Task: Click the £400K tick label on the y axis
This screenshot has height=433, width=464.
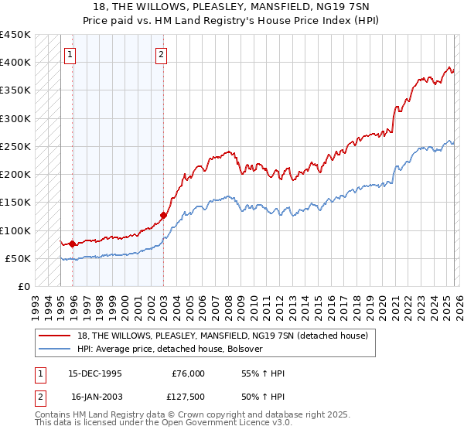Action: coord(15,63)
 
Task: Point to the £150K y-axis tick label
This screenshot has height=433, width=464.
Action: coord(15,203)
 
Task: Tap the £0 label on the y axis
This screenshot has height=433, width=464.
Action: coord(23,287)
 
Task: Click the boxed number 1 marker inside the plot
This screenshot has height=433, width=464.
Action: coord(70,54)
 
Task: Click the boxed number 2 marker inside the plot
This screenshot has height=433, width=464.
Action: coord(161,54)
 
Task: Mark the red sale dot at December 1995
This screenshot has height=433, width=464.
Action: coord(73,244)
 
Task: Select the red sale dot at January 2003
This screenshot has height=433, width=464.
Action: coord(164,215)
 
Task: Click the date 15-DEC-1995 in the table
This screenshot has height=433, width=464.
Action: coord(96,373)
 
